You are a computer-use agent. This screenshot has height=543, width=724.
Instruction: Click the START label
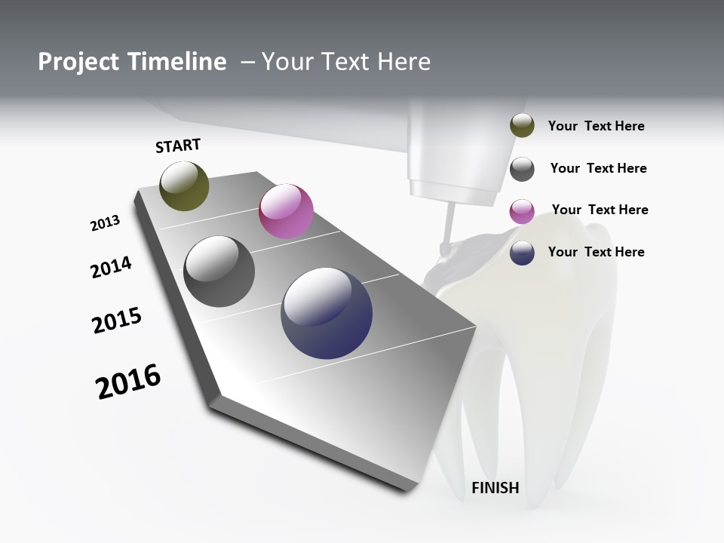(x=178, y=146)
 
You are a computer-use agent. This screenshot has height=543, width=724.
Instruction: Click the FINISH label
(x=495, y=488)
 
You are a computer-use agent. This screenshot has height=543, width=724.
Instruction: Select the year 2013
(x=105, y=223)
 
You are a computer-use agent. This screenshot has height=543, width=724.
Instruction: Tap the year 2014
(x=111, y=267)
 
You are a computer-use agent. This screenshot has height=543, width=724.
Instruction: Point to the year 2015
(x=117, y=321)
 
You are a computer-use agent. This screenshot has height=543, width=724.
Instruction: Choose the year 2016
(x=128, y=382)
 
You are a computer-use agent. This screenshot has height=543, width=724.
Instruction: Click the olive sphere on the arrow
(x=184, y=186)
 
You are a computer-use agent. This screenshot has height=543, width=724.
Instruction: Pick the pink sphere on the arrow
(x=286, y=211)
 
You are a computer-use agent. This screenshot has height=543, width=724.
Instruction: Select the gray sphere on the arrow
(x=219, y=271)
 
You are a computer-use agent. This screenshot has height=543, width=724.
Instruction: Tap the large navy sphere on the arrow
(x=327, y=313)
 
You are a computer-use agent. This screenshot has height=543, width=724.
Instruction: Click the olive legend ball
(x=522, y=126)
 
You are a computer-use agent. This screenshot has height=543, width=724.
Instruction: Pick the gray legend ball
(x=522, y=169)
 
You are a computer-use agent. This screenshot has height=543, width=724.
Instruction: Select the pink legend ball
(x=522, y=211)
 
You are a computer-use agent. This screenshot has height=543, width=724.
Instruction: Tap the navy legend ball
(x=522, y=253)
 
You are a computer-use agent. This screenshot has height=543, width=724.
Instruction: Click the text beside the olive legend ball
(x=596, y=126)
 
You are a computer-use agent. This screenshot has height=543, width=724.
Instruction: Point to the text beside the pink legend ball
(x=600, y=210)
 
